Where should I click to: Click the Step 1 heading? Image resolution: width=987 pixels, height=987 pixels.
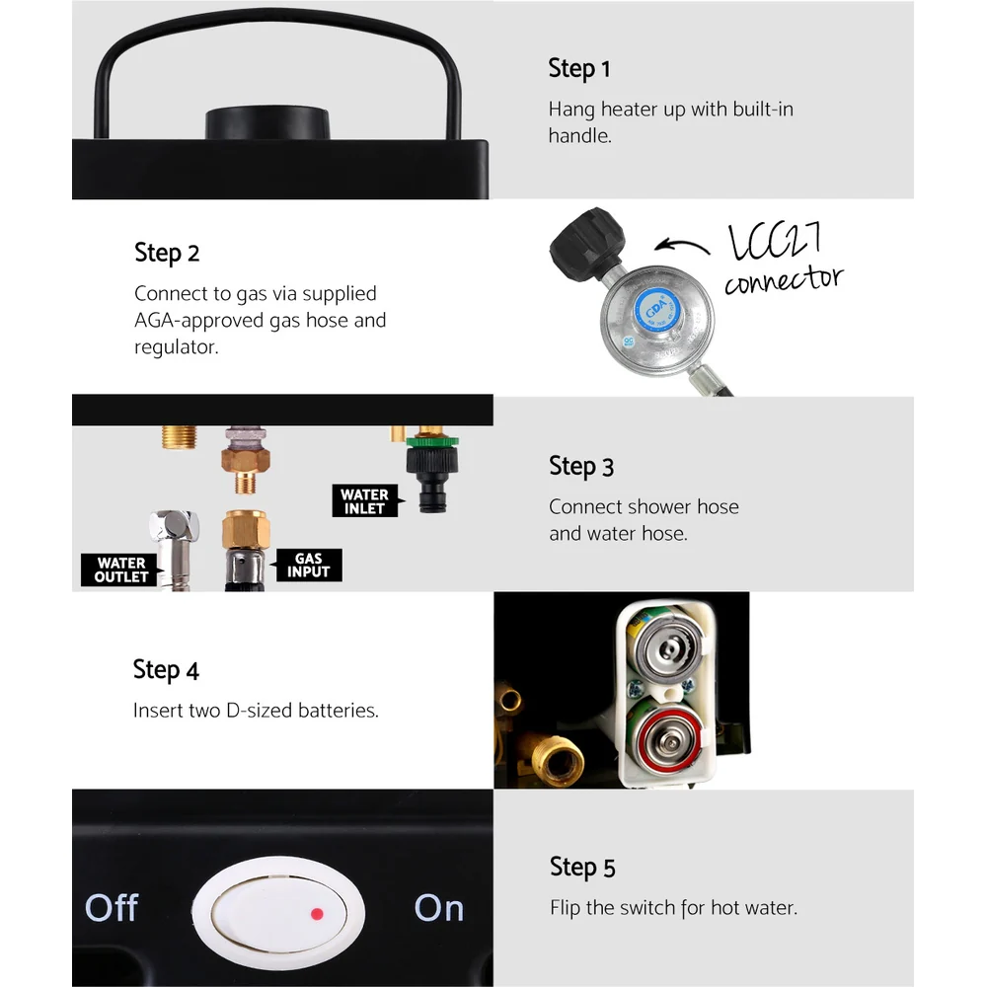click(579, 69)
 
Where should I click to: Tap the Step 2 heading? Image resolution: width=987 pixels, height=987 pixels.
click(167, 253)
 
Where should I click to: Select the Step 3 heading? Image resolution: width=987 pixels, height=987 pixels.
click(581, 467)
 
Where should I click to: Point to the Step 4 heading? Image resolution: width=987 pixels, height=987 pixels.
click(166, 670)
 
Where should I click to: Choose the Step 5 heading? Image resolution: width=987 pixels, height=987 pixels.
click(582, 868)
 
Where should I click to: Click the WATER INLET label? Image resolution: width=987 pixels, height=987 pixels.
click(365, 501)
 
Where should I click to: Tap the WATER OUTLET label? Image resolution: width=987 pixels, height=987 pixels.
click(119, 569)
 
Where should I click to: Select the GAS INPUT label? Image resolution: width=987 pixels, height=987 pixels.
click(309, 566)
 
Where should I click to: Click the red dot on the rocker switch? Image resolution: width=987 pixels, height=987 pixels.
click(317, 913)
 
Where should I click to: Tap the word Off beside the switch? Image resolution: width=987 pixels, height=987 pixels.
click(112, 908)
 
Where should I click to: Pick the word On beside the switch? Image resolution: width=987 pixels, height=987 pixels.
click(439, 908)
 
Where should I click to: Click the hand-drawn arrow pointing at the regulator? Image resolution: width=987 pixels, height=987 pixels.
click(682, 246)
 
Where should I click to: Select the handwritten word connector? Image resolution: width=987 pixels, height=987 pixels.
click(784, 280)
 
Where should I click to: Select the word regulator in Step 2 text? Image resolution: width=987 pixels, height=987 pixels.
click(177, 347)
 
